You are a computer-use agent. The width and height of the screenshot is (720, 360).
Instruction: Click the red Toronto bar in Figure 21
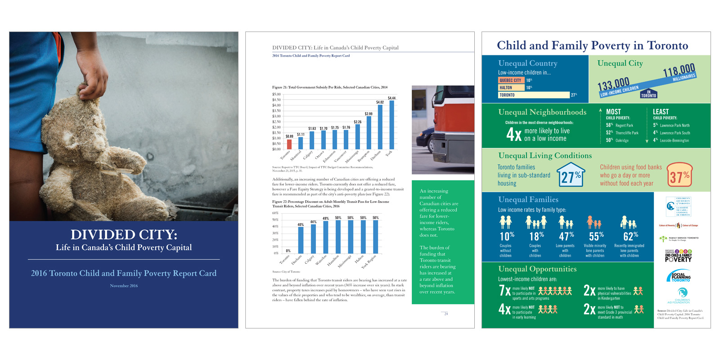click(289, 144)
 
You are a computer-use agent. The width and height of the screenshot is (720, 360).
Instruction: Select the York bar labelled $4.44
click(391, 125)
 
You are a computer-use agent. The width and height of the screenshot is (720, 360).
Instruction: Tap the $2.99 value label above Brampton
click(369, 114)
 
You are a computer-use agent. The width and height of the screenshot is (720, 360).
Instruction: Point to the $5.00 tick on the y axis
click(276, 94)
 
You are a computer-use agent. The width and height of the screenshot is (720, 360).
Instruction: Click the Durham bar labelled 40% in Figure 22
click(301, 240)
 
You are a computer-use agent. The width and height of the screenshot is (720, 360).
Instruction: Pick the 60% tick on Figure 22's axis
click(275, 213)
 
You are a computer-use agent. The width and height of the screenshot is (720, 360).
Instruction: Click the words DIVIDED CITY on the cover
click(124, 234)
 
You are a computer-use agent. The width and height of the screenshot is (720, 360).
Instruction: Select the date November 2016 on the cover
click(124, 286)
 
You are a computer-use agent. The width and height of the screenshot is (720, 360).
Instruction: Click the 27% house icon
click(571, 175)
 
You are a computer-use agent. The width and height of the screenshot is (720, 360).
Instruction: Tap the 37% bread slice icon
click(679, 176)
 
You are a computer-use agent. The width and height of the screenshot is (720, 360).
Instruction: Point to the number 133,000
click(613, 84)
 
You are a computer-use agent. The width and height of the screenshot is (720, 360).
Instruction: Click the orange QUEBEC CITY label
click(510, 80)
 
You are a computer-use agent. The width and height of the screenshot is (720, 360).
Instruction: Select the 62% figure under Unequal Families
click(630, 236)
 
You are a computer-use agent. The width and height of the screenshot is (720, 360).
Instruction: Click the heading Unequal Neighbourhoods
click(542, 112)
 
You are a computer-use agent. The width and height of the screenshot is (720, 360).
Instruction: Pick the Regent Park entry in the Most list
click(624, 126)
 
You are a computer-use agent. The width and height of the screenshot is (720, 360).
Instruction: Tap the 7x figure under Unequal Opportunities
click(504, 291)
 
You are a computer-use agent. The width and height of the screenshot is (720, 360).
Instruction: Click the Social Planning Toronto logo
click(680, 277)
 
